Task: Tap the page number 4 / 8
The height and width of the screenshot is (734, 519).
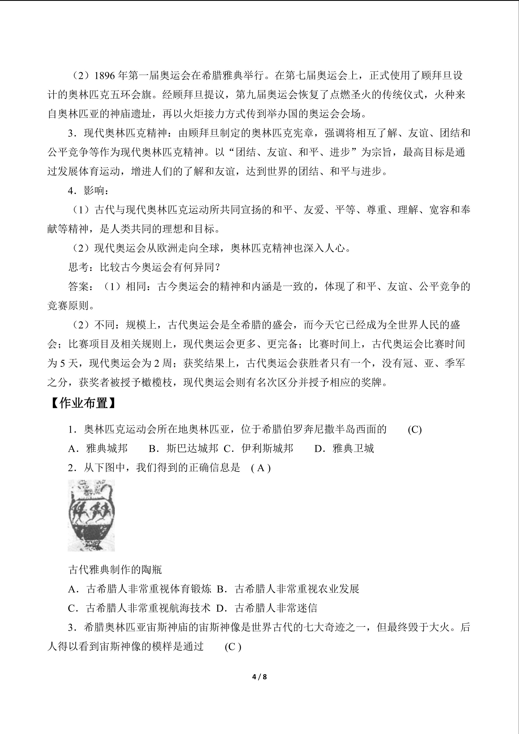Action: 259,676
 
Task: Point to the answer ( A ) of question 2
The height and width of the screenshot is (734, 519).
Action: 261,468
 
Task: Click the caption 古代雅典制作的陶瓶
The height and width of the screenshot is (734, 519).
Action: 115,570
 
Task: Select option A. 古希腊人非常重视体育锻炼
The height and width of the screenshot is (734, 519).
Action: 140,589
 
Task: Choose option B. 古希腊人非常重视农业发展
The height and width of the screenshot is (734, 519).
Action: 288,589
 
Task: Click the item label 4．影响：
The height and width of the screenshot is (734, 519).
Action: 88,191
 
